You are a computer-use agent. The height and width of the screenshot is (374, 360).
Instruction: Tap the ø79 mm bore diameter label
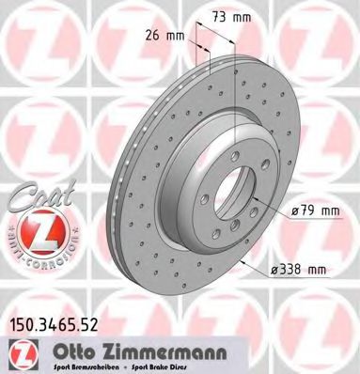tap(314, 211)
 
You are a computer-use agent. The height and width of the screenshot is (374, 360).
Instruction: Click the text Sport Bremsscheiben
tap(84, 367)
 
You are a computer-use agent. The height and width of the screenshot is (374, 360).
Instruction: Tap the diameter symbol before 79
tap(294, 211)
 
